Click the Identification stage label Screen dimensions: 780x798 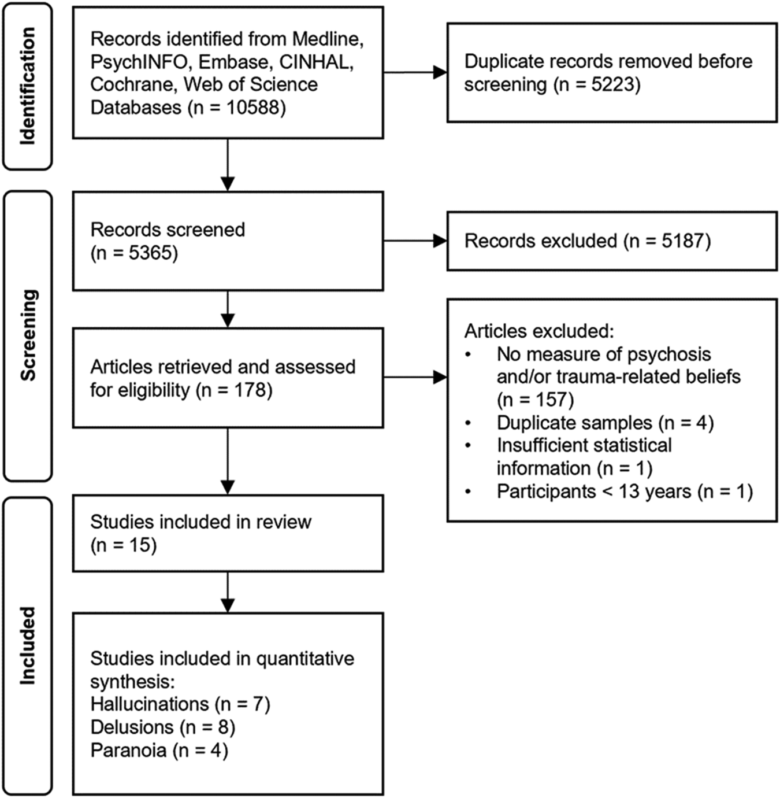coord(28,86)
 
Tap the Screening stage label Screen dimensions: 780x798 coord(29,335)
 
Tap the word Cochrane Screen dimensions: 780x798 coord(133,84)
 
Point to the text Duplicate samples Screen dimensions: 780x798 coord(574,422)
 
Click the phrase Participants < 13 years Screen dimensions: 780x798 coord(594,491)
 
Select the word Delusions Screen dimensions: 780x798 coord(132,727)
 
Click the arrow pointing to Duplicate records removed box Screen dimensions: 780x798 coord(415,73)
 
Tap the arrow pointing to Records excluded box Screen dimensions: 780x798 coord(415,241)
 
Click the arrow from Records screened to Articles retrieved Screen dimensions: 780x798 coord(228,309)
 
